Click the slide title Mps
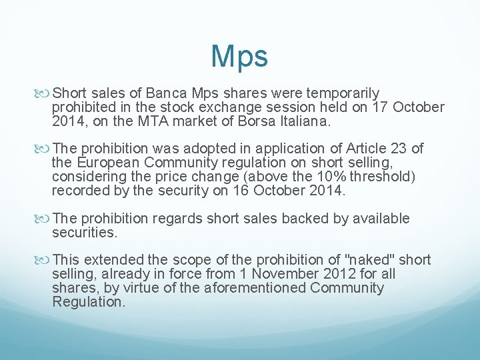pos(239,57)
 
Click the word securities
pos(85,233)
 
